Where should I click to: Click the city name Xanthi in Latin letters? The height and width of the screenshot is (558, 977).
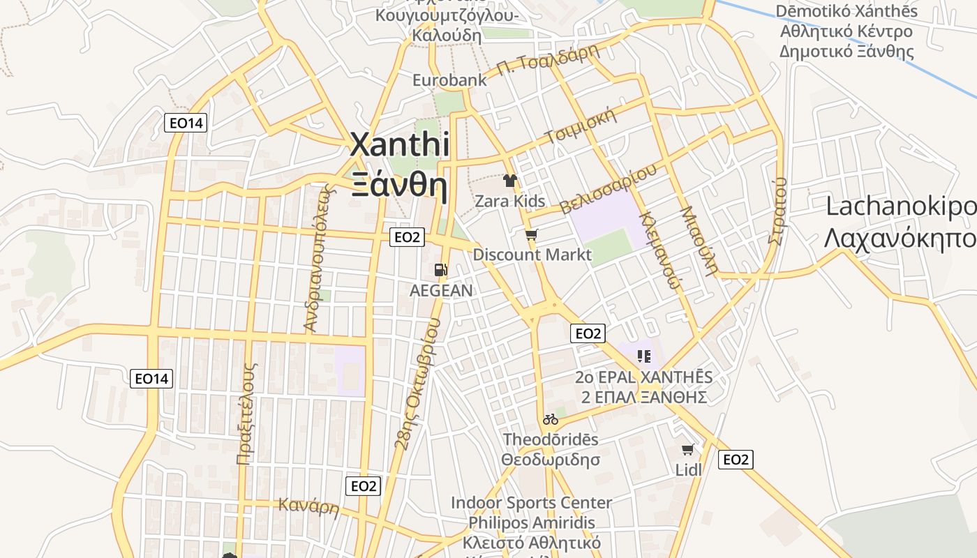399,145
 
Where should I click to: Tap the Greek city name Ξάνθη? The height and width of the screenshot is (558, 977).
399,185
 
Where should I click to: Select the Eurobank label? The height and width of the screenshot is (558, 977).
449,80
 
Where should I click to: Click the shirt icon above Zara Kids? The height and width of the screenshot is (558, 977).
510,181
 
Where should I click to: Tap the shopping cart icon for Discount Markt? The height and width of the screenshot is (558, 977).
531,235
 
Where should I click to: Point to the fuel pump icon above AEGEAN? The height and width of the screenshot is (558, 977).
440,270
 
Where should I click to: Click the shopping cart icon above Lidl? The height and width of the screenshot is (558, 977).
688,450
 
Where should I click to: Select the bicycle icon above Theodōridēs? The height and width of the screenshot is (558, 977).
551,419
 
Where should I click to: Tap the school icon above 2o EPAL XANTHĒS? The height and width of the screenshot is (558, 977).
644,356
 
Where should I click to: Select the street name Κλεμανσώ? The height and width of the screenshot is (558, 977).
659,250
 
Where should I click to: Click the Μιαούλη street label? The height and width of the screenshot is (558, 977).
699,241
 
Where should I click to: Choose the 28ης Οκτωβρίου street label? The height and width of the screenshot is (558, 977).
417,384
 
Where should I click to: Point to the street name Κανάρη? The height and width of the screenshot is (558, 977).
308,506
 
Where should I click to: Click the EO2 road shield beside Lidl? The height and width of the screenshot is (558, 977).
736,460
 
